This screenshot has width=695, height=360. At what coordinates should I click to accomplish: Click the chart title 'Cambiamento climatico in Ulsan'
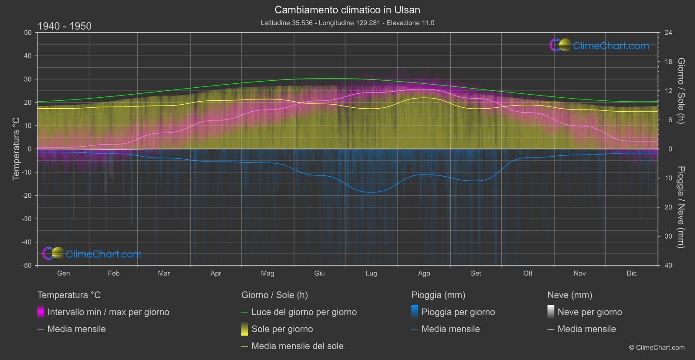click(x=347, y=10)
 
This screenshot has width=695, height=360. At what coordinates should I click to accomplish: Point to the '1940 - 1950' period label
click(x=65, y=26)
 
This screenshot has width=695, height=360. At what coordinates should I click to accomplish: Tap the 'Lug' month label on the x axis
click(x=371, y=273)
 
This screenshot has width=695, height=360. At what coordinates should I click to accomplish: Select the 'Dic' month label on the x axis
click(x=631, y=273)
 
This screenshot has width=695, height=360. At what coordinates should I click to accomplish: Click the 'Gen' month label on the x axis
click(x=63, y=273)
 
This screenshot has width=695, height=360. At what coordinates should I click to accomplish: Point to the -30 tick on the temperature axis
click(x=27, y=219)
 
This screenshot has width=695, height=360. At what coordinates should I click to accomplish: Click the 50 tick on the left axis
click(x=28, y=33)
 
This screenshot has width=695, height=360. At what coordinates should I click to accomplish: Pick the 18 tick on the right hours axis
click(x=668, y=62)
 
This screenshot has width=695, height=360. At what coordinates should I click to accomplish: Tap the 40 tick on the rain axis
click(x=668, y=265)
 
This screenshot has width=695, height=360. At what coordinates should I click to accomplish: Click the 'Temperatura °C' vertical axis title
click(x=16, y=148)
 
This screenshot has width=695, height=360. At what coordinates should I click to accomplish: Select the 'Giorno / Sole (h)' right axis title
click(x=681, y=91)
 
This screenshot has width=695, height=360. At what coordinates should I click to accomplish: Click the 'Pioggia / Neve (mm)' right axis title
click(x=681, y=207)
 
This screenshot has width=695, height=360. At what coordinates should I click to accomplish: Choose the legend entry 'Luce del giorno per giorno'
click(x=304, y=312)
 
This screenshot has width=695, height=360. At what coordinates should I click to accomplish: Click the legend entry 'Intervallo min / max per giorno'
click(x=108, y=312)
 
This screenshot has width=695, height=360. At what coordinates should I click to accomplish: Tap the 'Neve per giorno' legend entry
click(x=589, y=312)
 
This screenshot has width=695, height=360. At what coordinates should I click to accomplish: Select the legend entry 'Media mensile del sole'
click(x=297, y=346)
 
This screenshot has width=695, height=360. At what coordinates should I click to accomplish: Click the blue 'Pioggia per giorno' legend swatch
click(x=415, y=312)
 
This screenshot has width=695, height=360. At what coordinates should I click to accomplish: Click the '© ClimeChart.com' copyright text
click(x=657, y=348)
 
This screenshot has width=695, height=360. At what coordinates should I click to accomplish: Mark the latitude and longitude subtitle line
click(x=347, y=23)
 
